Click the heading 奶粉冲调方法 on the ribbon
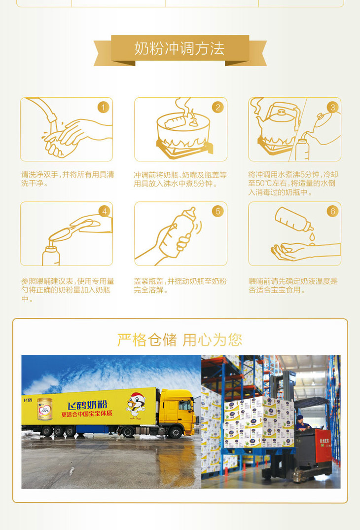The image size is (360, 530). click(180, 48)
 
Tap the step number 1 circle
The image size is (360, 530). click(104, 108)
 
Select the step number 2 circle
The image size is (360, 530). click(218, 108)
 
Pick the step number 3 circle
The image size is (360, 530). click(333, 108)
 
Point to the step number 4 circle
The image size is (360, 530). click(105, 211)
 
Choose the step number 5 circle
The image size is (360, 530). click(218, 211)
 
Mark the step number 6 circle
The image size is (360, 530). click(333, 211)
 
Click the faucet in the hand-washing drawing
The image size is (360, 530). click(42, 110)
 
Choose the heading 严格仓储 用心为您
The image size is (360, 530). click(180, 340)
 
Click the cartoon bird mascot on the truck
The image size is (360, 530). click(136, 405)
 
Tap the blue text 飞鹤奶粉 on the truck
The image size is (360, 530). click(87, 405)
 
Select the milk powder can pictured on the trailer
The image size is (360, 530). click(45, 409)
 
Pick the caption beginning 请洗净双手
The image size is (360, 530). click(68, 179)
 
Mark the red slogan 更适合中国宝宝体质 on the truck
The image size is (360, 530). click(87, 414)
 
